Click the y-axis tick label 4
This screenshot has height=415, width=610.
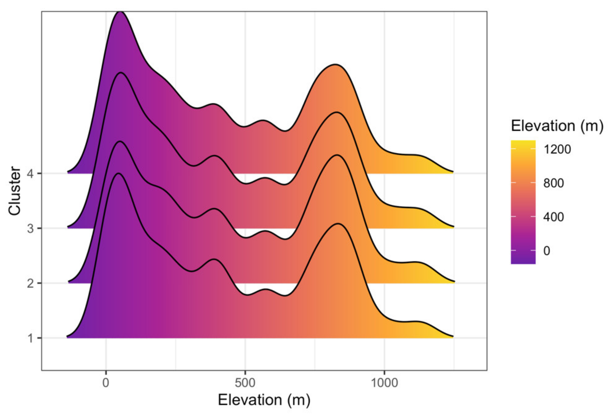[31, 173]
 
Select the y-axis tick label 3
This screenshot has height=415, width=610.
[31, 228]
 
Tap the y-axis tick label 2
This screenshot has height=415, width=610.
[31, 283]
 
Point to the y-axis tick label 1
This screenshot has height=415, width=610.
[31, 338]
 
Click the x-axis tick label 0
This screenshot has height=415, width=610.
[106, 383]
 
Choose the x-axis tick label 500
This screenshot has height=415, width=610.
[245, 383]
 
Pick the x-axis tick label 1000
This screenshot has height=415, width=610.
[384, 383]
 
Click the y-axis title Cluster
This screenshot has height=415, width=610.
[15, 191]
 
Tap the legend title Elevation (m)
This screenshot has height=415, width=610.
[557, 126]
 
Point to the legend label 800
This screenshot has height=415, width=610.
[553, 183]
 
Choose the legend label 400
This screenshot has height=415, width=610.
[553, 217]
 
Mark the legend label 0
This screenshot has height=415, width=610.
[547, 251]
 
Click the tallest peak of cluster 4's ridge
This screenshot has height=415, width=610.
[120, 12]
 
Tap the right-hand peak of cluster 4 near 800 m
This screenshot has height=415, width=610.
[335, 64]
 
